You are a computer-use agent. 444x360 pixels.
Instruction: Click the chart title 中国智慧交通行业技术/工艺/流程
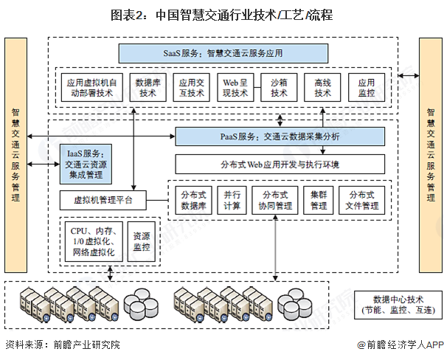click(x=221, y=14)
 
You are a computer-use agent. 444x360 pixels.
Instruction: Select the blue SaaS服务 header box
click(x=223, y=53)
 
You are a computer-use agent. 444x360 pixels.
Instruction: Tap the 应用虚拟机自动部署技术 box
click(x=90, y=89)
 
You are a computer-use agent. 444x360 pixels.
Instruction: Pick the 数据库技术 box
click(x=147, y=89)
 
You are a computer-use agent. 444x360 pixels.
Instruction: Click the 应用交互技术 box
click(x=190, y=89)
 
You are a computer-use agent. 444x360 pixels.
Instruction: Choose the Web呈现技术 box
click(x=235, y=89)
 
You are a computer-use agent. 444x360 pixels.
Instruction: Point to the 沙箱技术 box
click(x=279, y=89)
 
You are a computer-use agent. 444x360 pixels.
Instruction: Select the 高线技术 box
click(x=323, y=89)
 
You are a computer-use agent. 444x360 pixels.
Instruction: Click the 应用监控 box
click(x=367, y=89)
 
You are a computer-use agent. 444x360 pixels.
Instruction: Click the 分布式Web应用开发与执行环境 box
click(x=280, y=163)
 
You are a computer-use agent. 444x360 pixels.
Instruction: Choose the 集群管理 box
click(x=319, y=200)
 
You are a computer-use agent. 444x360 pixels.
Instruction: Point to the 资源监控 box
click(x=143, y=241)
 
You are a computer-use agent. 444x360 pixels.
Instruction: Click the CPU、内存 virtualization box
click(x=91, y=241)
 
